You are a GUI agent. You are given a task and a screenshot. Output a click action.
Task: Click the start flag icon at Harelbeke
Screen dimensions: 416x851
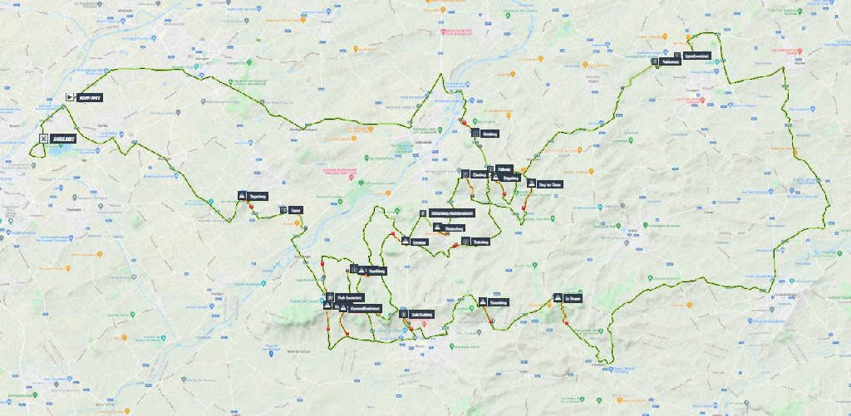click(69, 96)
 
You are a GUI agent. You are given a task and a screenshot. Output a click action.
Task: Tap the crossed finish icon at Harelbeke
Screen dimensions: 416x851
click(43, 139)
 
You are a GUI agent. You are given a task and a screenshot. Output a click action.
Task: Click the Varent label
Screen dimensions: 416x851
click(295, 210)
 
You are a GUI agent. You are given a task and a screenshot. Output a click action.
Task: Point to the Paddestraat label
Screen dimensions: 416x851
click(671, 62)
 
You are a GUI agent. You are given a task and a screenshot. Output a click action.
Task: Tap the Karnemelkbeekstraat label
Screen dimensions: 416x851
click(366, 308)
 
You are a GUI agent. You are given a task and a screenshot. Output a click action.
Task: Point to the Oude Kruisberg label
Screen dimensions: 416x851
click(422, 315)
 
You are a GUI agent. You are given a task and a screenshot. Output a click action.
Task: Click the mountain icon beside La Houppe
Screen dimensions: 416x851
click(557, 297)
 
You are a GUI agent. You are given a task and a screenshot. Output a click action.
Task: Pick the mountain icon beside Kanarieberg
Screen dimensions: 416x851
click(481, 301)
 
